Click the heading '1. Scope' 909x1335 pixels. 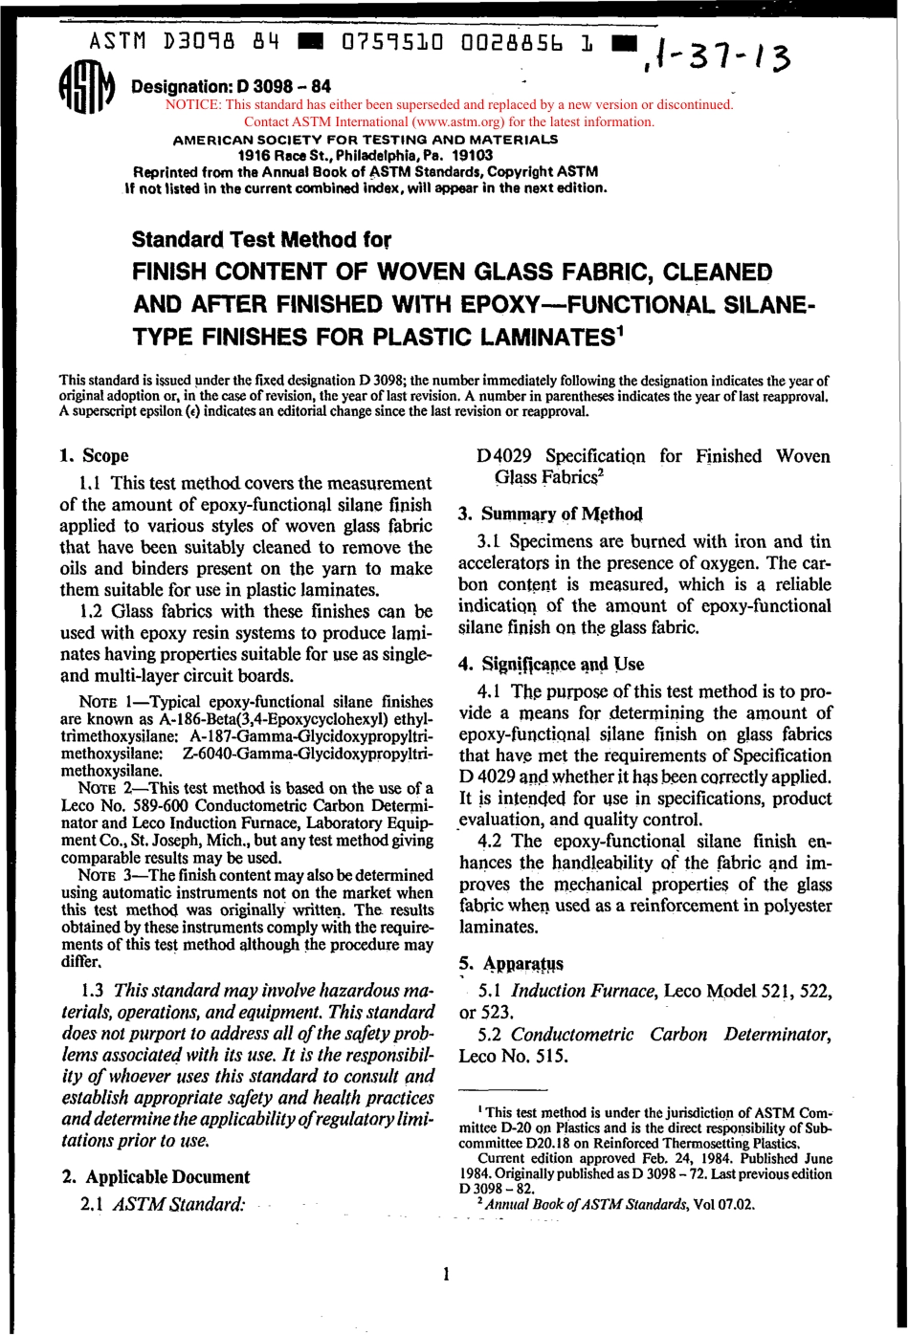pyautogui.click(x=94, y=455)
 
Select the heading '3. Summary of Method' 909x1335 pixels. pyautogui.click(x=550, y=514)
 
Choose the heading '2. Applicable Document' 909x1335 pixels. pyautogui.click(x=155, y=1176)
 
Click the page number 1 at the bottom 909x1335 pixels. pyautogui.click(x=446, y=1273)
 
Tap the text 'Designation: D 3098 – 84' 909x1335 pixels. pyautogui.click(x=231, y=87)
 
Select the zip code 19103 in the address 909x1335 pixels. pyautogui.click(x=473, y=155)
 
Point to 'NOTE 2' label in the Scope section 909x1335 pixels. pyautogui.click(x=102, y=788)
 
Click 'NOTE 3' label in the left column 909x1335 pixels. pyautogui.click(x=102, y=874)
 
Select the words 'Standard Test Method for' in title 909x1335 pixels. pyautogui.click(x=261, y=238)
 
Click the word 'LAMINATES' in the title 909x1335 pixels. pyautogui.click(x=532, y=338)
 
